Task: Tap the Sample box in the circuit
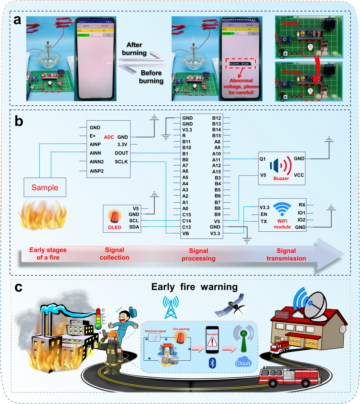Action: point(45,187)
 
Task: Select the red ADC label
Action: point(109,137)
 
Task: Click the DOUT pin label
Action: point(122,153)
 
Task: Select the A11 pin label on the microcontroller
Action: point(216,159)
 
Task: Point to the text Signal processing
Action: point(198,254)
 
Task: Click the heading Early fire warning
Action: point(194,287)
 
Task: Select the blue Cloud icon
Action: point(243,363)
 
